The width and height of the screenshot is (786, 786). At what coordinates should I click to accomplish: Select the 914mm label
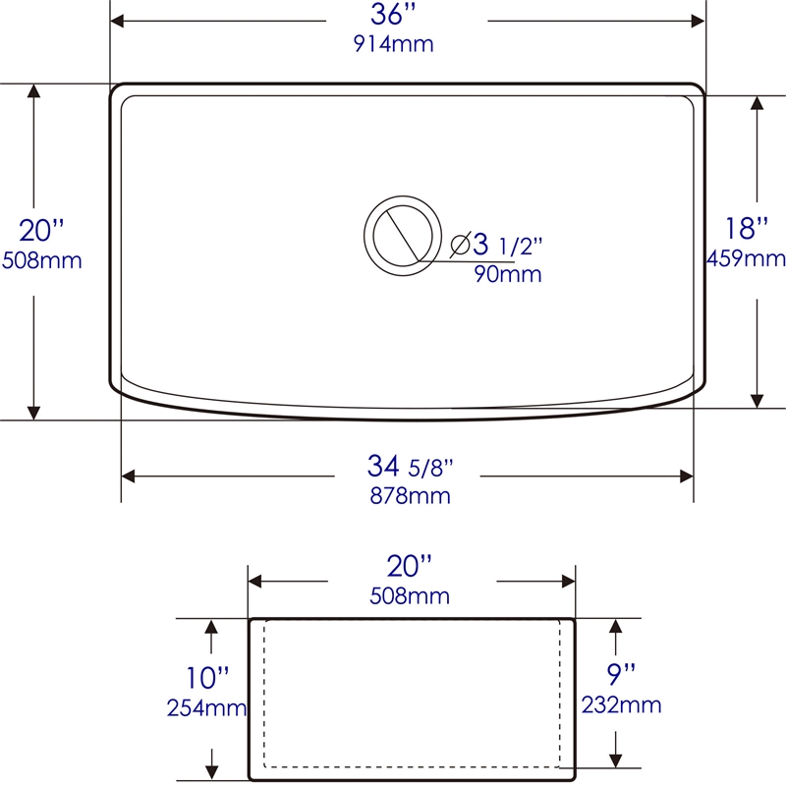coord(393,44)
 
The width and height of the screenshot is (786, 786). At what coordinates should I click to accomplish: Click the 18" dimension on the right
coord(747,229)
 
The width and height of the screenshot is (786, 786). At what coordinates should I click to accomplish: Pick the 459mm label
coord(746,259)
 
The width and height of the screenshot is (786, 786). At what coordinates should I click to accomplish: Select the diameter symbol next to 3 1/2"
coord(460,243)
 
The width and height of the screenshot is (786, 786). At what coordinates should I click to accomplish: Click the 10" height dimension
coord(207,677)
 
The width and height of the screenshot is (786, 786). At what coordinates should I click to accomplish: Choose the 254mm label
coord(207,707)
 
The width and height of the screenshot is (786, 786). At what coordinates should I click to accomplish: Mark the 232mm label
coord(622,704)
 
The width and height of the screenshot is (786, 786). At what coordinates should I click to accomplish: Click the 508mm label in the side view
coord(410,595)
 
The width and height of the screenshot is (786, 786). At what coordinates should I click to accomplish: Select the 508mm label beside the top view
coord(42,260)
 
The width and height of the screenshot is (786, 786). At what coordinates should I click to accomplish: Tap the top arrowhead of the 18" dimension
coord(757,102)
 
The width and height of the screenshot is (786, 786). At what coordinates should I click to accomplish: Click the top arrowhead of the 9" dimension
coord(616,627)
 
